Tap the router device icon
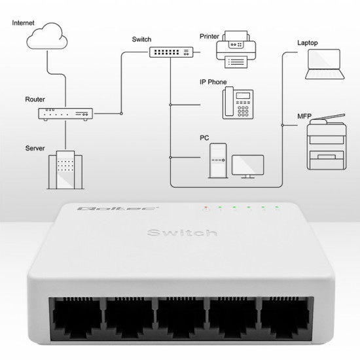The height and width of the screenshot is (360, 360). [x=65, y=113]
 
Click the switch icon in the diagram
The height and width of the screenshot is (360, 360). [x=170, y=52]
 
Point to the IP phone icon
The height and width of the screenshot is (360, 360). [x=237, y=102]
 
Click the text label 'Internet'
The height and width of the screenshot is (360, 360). [x=24, y=23]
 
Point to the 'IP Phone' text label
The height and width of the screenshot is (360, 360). [x=213, y=82]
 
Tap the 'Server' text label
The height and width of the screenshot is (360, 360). [x=35, y=149]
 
